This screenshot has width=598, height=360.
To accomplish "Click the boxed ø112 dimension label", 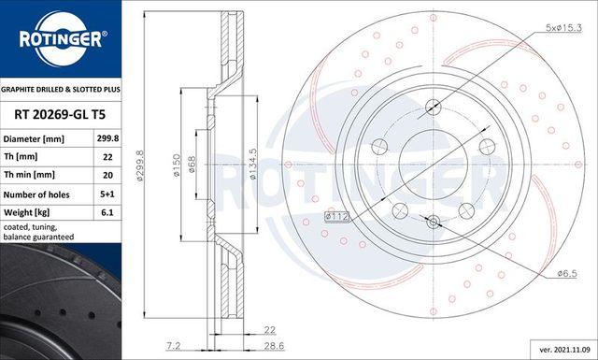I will coord(336,217).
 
